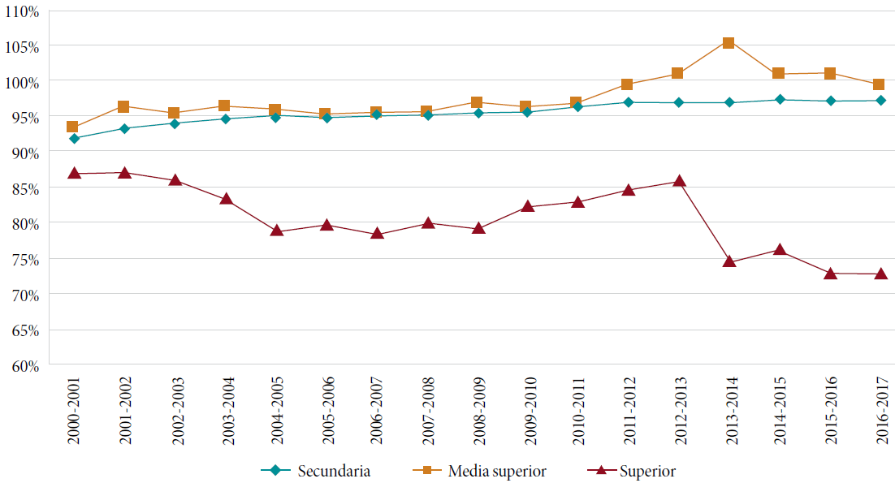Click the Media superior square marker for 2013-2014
(729, 43)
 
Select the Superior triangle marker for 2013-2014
(729, 261)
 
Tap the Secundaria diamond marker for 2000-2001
(74, 138)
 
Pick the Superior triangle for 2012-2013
(678, 181)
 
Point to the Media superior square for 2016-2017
(879, 84)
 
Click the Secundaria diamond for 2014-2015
(779, 100)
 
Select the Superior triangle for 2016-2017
(879, 274)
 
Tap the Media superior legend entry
(486, 471)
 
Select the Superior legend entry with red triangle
(633, 471)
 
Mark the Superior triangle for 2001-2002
(124, 172)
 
